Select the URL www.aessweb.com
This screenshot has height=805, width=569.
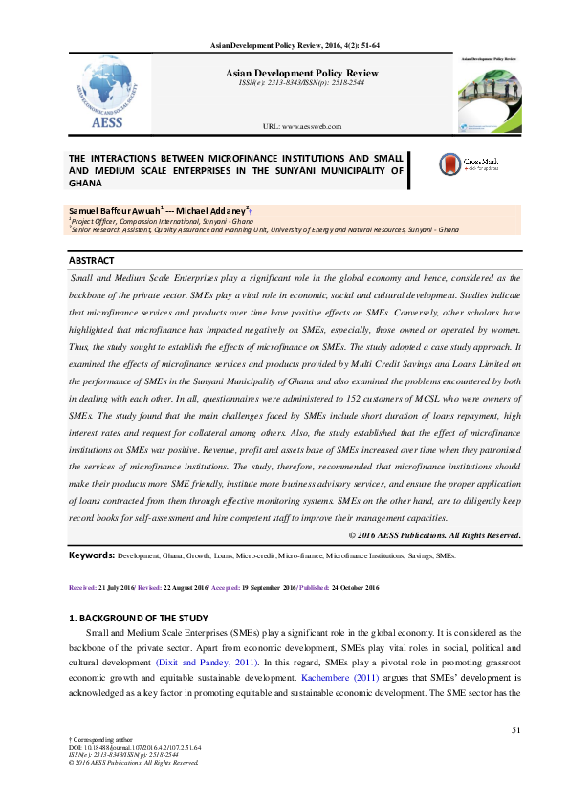tap(301, 126)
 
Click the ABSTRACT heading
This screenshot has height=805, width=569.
tap(92, 261)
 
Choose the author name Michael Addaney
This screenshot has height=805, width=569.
tap(218, 209)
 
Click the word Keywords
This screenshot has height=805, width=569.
tap(91, 555)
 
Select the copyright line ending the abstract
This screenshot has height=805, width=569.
tap(434, 535)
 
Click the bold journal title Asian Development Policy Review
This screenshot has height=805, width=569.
tap(301, 73)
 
